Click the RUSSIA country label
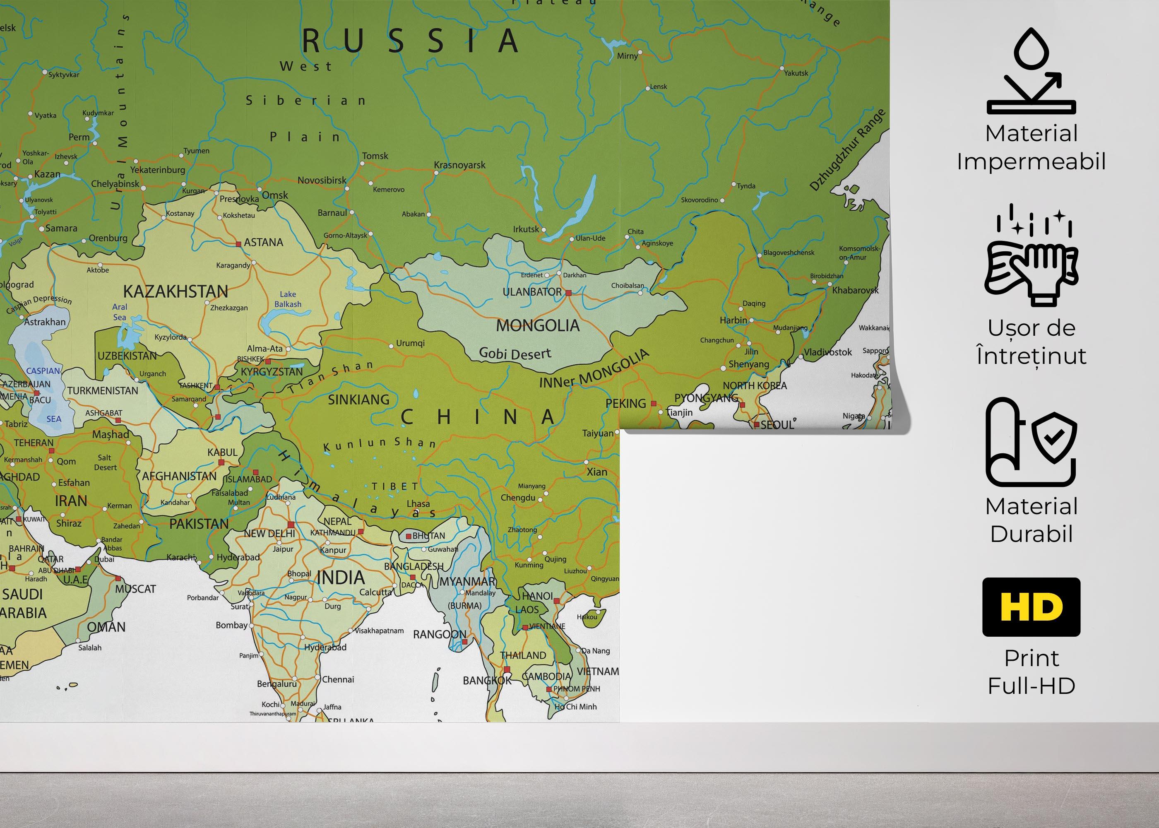click(x=410, y=41)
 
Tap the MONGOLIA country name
click(x=538, y=325)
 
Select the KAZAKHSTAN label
click(x=176, y=291)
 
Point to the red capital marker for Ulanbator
click(x=568, y=293)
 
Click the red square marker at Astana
click(x=238, y=244)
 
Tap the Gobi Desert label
click(x=515, y=353)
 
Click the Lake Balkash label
click(x=288, y=299)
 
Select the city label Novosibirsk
click(x=322, y=181)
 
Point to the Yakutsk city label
click(x=796, y=73)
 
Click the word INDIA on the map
click(x=341, y=578)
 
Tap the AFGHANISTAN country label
click(x=179, y=476)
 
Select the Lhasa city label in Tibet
click(x=418, y=504)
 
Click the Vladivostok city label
click(x=828, y=352)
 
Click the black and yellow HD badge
click(x=1031, y=607)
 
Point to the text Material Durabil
click(x=1031, y=520)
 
